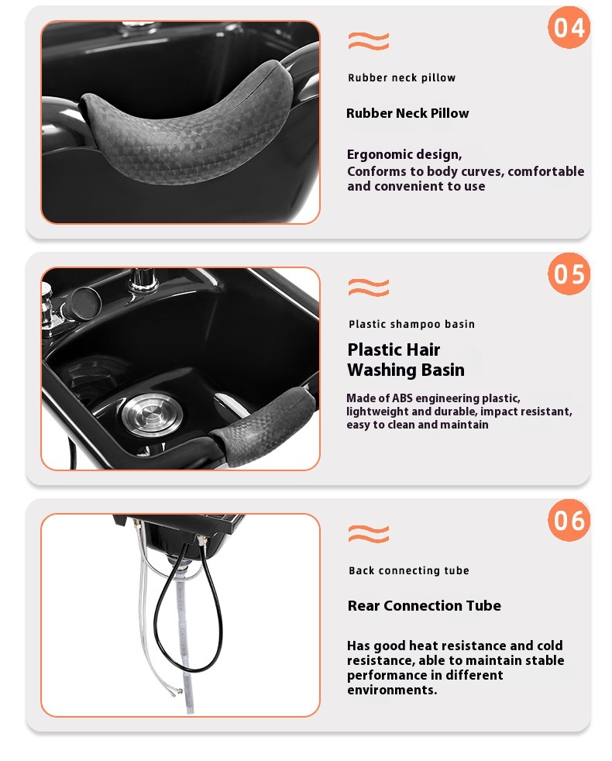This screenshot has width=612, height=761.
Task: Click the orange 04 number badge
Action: (569, 27)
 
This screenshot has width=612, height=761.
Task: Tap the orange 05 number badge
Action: (569, 274)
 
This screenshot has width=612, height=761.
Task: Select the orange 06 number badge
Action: (569, 520)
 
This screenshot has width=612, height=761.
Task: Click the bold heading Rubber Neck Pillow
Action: (407, 114)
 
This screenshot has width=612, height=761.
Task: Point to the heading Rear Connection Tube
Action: (425, 606)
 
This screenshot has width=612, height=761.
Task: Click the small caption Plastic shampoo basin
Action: (411, 324)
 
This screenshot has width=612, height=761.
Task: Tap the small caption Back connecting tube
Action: (409, 570)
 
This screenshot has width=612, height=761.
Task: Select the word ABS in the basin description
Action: (402, 398)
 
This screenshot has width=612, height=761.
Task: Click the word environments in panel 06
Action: (392, 690)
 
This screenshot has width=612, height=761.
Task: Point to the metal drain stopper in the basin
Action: (153, 413)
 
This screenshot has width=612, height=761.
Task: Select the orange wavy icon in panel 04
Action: (369, 41)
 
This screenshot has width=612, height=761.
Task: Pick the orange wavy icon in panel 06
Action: (369, 534)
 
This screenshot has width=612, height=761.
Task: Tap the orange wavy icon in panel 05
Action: (369, 288)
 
